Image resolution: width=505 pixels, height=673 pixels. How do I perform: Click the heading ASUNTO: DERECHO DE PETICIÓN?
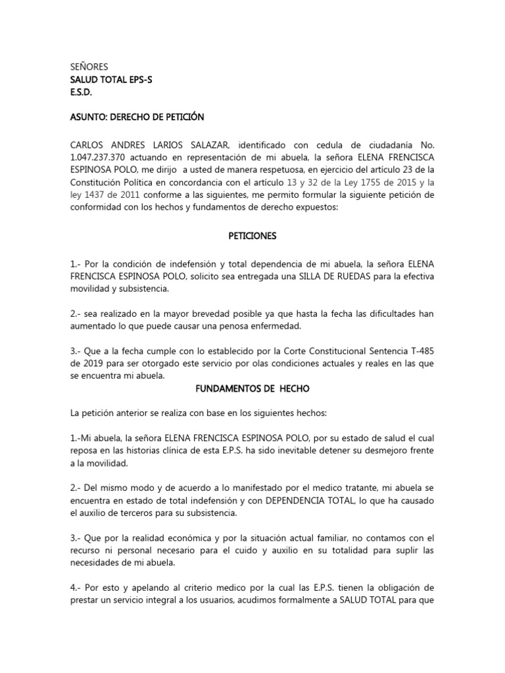point(137,117)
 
